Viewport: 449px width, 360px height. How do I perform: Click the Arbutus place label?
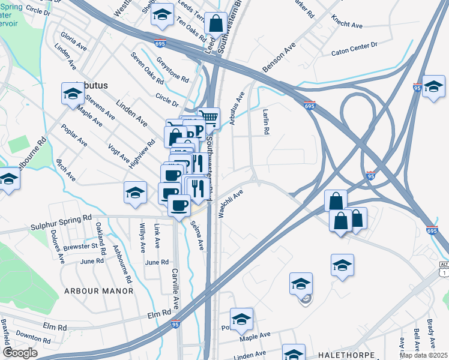pos(92,85)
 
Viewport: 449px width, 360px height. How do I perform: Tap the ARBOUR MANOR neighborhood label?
pos(98,291)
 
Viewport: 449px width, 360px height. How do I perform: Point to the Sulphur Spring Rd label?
pos(61,227)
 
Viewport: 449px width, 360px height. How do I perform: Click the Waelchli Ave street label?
pos(231,204)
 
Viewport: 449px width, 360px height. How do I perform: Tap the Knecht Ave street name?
pos(348,26)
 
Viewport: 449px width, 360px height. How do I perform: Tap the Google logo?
pos(20,352)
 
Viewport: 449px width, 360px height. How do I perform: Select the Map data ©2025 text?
pos(424,355)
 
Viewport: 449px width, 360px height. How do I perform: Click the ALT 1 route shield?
pos(444,269)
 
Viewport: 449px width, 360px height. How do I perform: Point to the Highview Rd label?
pos(137,154)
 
